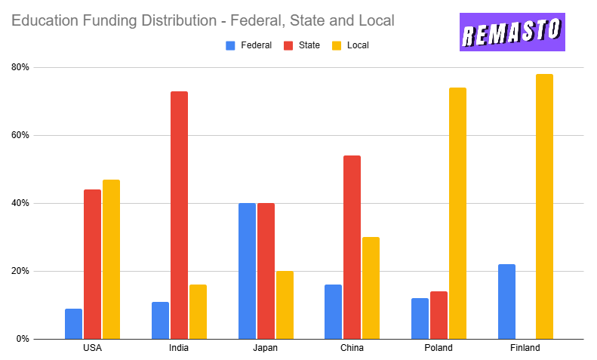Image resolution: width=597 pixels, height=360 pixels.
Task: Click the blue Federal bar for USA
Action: (73, 324)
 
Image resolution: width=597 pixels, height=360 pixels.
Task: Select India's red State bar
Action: (179, 215)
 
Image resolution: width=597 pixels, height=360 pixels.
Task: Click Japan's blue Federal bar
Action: (247, 271)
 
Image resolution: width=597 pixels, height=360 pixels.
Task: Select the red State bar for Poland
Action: (439, 315)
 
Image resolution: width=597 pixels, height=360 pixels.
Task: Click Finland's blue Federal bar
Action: (506, 301)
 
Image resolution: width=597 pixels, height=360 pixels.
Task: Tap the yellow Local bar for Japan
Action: (285, 305)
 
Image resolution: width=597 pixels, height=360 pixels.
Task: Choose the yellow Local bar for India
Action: (198, 312)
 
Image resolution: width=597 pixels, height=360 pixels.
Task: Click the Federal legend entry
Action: (248, 45)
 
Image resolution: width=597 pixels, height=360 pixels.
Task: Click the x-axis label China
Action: (352, 348)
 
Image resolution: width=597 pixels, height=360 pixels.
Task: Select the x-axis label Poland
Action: (439, 348)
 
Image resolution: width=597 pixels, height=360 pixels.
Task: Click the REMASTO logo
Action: (512, 32)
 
